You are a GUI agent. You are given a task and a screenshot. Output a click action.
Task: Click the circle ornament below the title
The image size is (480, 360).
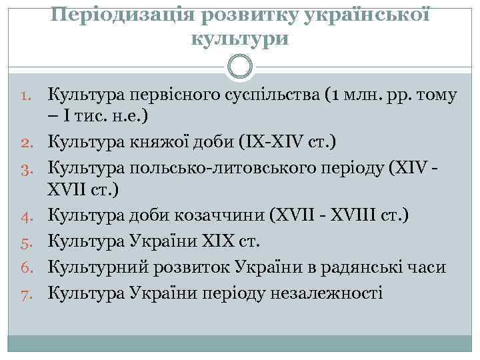[240, 66]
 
